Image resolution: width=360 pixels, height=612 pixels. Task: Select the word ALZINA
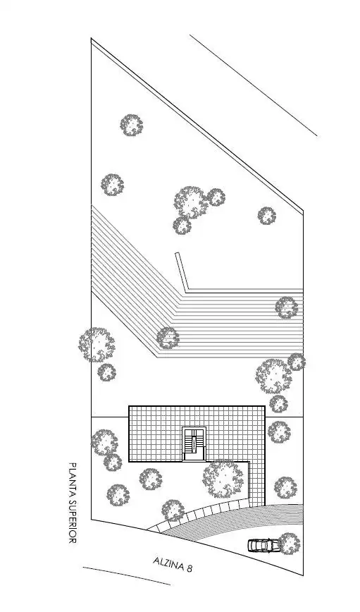tap(168, 563)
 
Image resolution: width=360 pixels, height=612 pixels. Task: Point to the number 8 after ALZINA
tap(190, 568)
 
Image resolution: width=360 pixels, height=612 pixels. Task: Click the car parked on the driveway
tap(263, 545)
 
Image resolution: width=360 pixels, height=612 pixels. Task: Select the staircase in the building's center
tap(194, 444)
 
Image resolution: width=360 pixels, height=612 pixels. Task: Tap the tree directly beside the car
tap(290, 544)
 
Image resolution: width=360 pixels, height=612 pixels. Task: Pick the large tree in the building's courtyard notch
tap(223, 479)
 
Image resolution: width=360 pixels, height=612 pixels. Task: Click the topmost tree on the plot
tap(132, 125)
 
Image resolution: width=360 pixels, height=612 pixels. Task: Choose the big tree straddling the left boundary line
tap(97, 345)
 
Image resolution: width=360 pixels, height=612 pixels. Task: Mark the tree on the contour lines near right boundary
tap(287, 307)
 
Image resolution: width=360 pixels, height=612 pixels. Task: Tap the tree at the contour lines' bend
tap(168, 338)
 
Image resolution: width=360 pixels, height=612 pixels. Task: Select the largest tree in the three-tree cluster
tap(191, 202)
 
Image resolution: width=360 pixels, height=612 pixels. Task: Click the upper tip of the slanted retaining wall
tap(177, 253)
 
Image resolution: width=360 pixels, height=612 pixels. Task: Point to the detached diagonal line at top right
tap(254, 85)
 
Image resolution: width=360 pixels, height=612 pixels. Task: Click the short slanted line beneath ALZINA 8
tap(127, 576)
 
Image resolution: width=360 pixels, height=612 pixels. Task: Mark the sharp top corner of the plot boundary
tap(92, 39)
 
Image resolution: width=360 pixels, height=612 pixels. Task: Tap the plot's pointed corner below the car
tap(303, 575)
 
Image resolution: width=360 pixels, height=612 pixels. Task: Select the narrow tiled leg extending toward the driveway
tap(257, 483)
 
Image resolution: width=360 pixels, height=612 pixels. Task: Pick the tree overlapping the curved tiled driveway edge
tap(173, 510)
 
